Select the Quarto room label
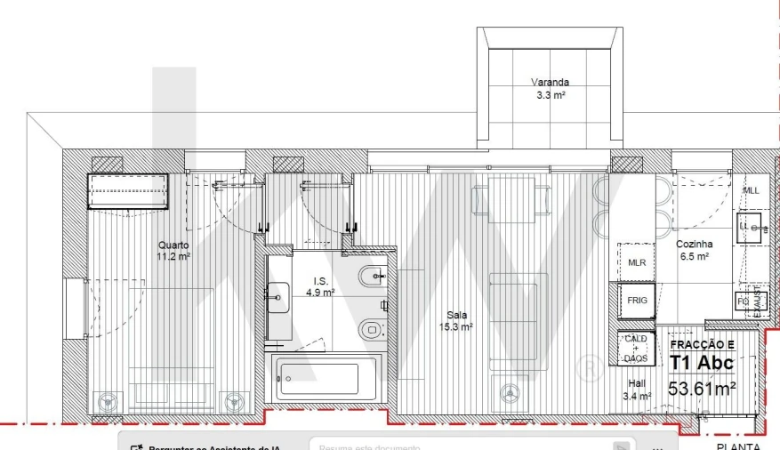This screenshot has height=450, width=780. click(173, 245)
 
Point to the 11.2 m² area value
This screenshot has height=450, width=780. click(173, 256)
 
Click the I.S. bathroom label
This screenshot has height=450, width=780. click(320, 280)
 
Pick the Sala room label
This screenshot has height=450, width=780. click(457, 315)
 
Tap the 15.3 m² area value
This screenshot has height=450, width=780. click(457, 326)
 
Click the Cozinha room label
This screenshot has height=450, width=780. click(694, 245)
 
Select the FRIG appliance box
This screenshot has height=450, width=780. click(637, 301)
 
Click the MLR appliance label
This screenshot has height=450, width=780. click(637, 262)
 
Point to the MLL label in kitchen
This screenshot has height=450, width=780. click(752, 190)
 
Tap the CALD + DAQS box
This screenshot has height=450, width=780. click(636, 349)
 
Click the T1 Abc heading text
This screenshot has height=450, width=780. click(702, 363)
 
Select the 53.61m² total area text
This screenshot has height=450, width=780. click(702, 389)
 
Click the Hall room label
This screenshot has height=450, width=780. click(637, 383)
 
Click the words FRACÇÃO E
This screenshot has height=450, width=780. click(702, 344)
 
